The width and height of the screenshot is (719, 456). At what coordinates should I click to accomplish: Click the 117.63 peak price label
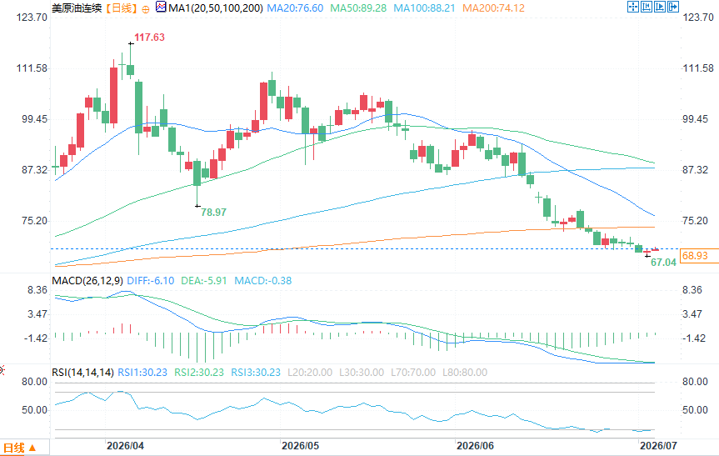pos(149,38)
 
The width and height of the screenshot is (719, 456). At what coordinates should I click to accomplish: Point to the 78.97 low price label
pos(213,213)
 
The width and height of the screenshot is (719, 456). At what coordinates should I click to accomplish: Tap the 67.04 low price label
pos(663,263)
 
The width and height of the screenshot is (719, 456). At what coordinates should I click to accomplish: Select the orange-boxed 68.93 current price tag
pos(695,256)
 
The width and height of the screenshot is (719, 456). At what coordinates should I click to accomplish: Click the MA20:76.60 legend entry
pos(295,8)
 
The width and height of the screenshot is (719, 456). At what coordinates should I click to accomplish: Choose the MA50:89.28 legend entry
pos(358,8)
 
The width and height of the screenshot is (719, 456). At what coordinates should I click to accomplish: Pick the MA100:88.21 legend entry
pos(424,8)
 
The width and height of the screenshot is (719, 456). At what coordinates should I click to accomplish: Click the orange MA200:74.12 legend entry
pos(493,8)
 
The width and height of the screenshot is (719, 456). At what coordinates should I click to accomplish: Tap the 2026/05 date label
pos(300,445)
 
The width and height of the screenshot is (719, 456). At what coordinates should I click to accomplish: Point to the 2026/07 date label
pos(658,445)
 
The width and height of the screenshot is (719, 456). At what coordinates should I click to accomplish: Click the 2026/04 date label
pos(125,445)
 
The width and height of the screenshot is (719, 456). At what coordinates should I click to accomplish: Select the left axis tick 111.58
pos(32,68)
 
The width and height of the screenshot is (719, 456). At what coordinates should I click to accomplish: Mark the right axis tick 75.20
pos(695,221)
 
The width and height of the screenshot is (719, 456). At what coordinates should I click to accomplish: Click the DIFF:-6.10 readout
pos(151,281)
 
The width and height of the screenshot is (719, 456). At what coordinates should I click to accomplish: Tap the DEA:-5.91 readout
pos(204,281)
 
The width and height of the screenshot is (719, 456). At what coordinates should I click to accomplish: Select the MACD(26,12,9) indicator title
pos(87,281)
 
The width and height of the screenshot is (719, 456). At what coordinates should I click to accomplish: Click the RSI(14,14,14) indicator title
pos(82,373)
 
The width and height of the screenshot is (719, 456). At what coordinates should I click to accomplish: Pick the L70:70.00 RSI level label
pos(413,373)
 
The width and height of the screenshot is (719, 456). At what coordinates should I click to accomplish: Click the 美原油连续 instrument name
pos(77,8)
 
